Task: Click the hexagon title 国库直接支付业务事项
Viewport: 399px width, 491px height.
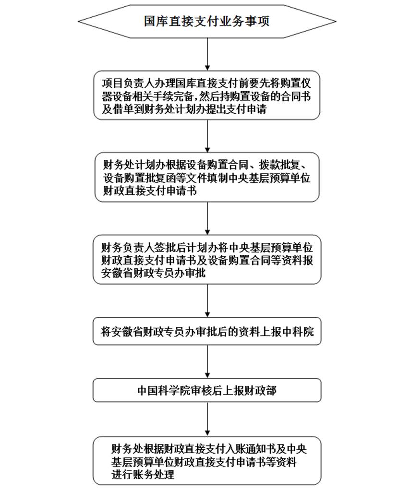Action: (x=206, y=22)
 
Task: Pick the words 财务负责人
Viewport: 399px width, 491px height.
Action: (x=121, y=248)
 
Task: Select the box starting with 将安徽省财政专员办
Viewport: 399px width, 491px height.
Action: (x=207, y=331)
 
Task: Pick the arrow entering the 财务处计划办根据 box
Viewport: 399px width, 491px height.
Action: (x=207, y=136)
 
